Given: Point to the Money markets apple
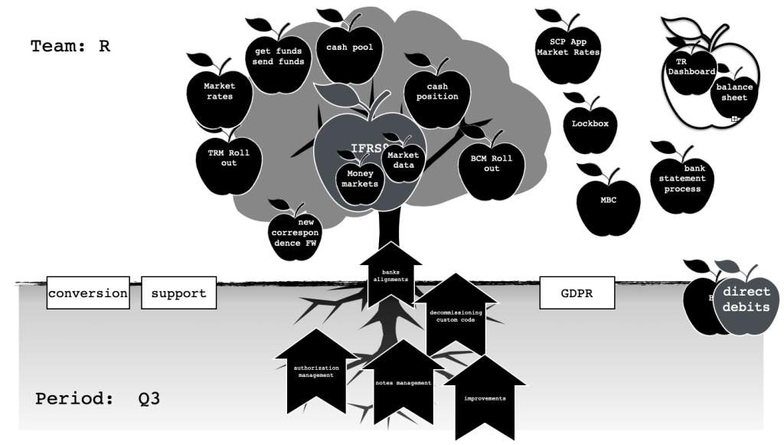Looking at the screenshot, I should click(359, 180).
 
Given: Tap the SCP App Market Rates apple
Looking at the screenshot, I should click(568, 50).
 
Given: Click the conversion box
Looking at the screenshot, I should click(88, 293).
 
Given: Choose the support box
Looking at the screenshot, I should click(178, 293).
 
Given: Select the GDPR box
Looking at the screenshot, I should click(577, 293).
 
